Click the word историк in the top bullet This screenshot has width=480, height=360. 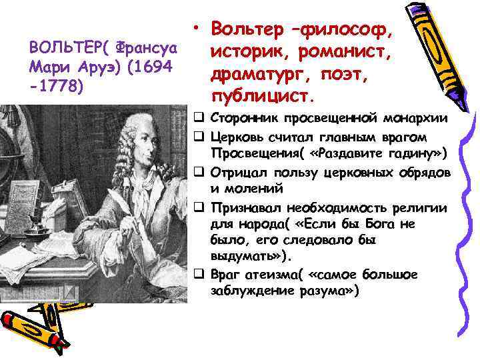(253, 48)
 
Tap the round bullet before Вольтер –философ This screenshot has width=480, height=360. (199, 28)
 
